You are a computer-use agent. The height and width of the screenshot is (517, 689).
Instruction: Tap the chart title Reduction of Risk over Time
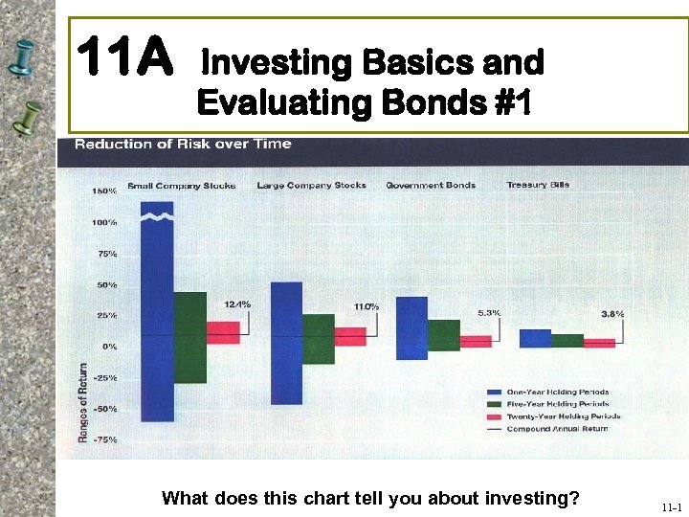[183, 145]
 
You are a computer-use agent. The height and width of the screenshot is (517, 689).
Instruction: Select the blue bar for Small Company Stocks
[157, 316]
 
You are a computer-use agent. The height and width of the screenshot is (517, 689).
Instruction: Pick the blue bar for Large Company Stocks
[286, 343]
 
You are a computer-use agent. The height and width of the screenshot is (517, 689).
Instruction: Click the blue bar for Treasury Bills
[535, 338]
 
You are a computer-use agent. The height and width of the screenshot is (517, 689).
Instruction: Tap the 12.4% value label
[237, 304]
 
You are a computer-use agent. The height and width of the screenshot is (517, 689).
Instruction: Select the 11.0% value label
[367, 306]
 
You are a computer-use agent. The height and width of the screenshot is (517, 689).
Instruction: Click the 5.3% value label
[489, 313]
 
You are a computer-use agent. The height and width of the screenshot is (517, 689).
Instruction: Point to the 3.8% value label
[612, 313]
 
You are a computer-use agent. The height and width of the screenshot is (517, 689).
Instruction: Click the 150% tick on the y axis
[104, 191]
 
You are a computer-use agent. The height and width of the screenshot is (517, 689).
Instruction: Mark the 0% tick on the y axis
[110, 346]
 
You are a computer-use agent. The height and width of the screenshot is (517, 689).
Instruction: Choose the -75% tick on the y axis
[104, 439]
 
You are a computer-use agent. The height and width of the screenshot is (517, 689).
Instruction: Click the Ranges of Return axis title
[83, 402]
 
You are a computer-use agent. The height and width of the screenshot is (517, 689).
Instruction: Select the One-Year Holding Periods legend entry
[558, 392]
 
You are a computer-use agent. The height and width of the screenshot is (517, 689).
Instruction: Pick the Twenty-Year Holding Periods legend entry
[563, 416]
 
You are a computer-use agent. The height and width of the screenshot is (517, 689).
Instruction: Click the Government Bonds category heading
[431, 185]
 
